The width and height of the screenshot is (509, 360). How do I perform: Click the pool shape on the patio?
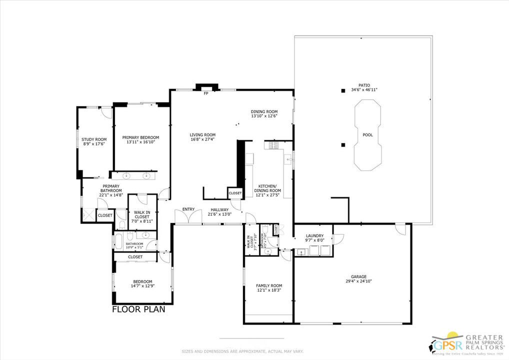pyautogui.click(x=367, y=135)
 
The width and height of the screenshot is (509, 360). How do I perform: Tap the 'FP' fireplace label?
pyautogui.click(x=205, y=93)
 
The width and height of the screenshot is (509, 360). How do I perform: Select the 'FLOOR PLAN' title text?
pyautogui.click(x=138, y=309)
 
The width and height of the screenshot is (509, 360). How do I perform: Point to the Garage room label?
pyautogui.click(x=358, y=276)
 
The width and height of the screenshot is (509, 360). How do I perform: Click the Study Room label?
pyautogui.click(x=94, y=139)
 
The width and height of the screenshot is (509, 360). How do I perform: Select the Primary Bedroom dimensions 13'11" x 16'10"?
pyautogui.click(x=140, y=142)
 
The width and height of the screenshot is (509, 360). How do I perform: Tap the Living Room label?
pyautogui.click(x=202, y=134)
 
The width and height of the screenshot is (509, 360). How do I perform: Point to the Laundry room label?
pyautogui.click(x=314, y=235)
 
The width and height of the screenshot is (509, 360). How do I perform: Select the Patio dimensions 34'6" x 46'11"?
pyautogui.click(x=364, y=89)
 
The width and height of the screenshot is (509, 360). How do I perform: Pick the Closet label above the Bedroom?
pyautogui.click(x=135, y=257)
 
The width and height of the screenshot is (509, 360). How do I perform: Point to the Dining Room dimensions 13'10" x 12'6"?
pyautogui.click(x=264, y=116)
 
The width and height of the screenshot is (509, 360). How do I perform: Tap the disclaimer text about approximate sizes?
pyautogui.click(x=242, y=351)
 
